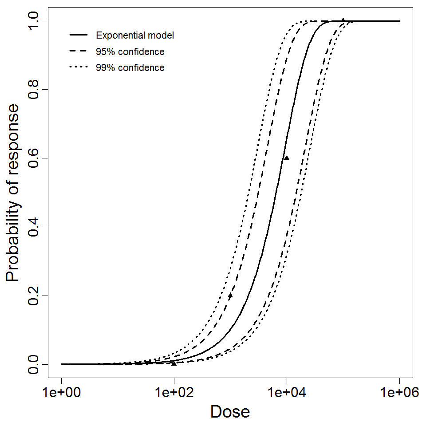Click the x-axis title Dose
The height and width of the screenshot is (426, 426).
[230, 412]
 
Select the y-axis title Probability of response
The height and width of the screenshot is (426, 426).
[13, 193]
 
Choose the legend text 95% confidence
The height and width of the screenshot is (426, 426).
[130, 52]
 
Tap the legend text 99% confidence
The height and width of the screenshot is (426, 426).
[130, 68]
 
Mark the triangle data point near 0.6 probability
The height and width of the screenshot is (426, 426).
[287, 158]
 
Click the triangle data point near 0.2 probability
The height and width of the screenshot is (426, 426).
[230, 295]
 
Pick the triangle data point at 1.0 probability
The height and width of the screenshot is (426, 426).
[343, 20]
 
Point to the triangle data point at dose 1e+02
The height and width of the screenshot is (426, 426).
[174, 363]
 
